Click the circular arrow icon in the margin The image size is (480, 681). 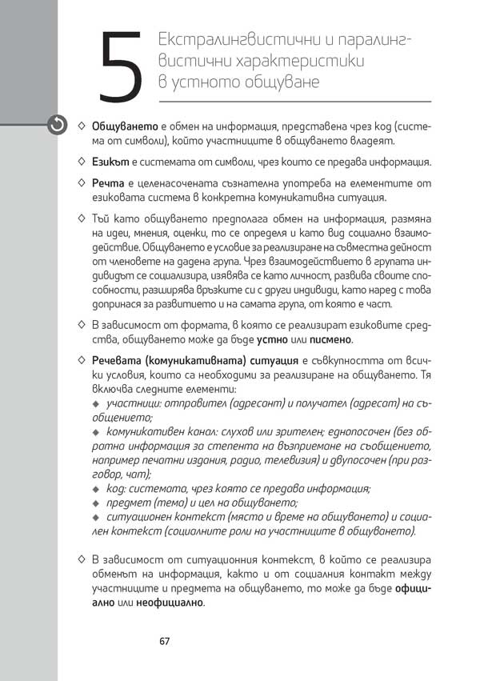tap(57, 124)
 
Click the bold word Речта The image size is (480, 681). tap(108, 184)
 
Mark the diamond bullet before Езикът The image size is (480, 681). tap(82, 162)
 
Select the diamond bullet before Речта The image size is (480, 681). tap(82, 184)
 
